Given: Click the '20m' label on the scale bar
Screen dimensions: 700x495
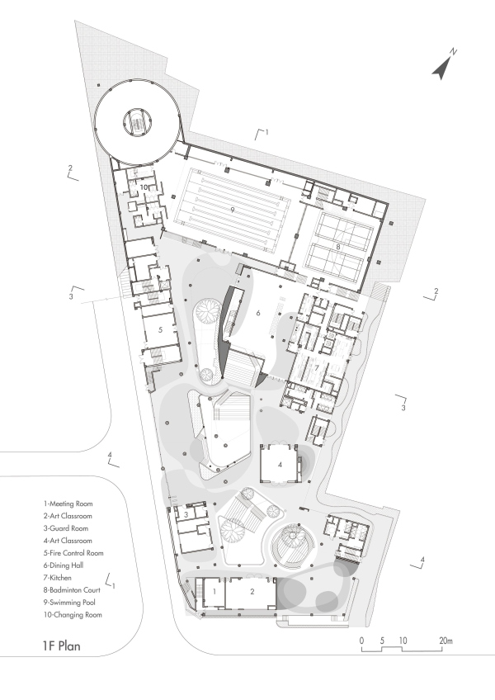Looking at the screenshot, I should (x=446, y=641).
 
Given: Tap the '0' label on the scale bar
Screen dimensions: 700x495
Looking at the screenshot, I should (x=361, y=641).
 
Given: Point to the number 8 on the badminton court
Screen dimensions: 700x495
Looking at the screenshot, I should (x=337, y=247).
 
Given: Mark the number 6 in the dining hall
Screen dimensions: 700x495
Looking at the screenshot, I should (x=257, y=314).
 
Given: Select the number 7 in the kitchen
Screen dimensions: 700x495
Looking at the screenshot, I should (x=315, y=368).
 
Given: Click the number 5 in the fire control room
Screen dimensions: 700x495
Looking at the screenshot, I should (x=160, y=329).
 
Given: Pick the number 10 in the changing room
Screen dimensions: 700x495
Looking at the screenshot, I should (x=144, y=188).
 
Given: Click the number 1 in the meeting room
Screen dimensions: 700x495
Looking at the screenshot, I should (x=214, y=591).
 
